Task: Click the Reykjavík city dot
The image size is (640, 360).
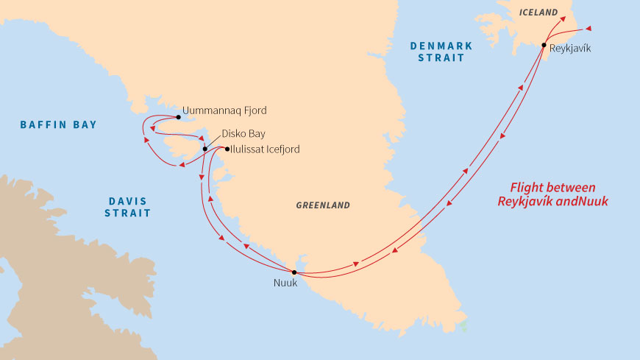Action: [x=543, y=46]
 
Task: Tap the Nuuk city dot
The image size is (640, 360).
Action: [x=294, y=272]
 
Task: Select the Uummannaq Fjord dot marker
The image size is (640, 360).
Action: [x=178, y=117]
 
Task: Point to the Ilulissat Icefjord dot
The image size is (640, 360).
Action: [x=227, y=149]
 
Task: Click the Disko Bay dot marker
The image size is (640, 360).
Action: [x=205, y=149]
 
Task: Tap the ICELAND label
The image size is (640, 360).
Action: [x=534, y=13]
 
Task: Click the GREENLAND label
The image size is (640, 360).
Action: [x=323, y=205]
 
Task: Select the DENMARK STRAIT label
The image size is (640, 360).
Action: [x=441, y=52]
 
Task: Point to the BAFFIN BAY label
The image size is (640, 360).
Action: [x=58, y=125]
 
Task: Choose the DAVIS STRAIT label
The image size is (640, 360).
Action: [x=129, y=207]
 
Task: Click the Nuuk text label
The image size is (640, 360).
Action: [x=285, y=284]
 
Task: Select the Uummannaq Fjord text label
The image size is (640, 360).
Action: [x=224, y=110]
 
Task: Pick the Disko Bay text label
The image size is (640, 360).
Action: [x=243, y=134]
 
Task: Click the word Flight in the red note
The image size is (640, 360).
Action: [x=527, y=188]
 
